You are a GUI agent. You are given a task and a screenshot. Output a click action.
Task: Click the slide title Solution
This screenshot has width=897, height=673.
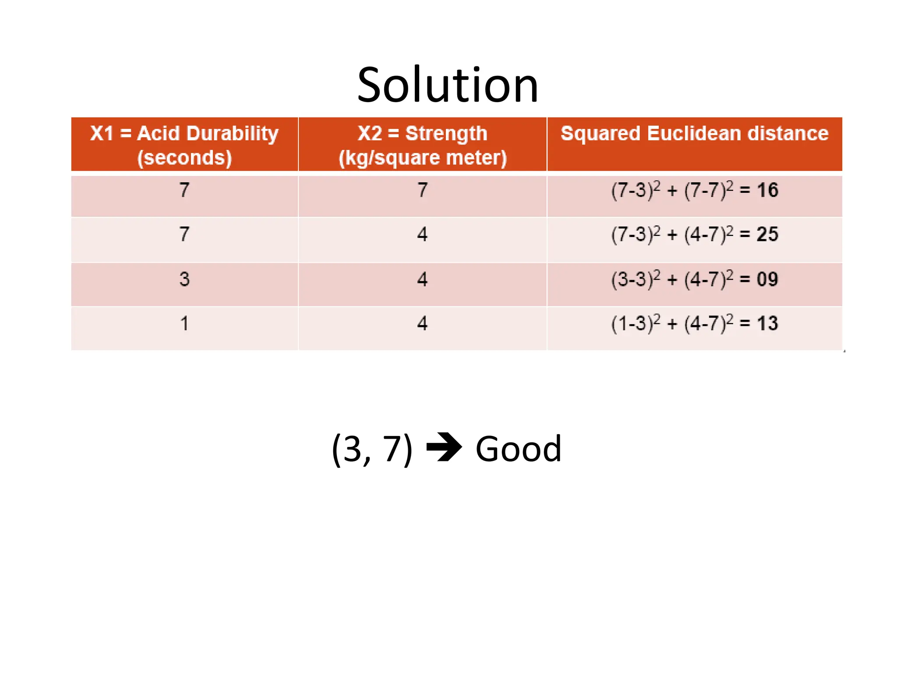click(447, 85)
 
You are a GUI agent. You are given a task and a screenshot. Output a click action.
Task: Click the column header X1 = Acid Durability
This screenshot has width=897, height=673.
click(184, 134)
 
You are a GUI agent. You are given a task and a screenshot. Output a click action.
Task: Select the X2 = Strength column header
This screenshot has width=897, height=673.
click(422, 134)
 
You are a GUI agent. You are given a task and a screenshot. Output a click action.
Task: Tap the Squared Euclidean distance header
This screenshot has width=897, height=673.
click(694, 134)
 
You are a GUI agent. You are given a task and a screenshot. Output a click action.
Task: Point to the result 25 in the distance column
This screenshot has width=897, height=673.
click(767, 234)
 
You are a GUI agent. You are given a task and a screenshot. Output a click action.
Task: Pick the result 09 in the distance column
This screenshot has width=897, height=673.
click(767, 280)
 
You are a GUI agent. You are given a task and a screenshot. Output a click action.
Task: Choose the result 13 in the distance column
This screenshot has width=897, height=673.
click(767, 324)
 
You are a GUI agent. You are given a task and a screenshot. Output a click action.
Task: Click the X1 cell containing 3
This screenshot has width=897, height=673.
click(184, 280)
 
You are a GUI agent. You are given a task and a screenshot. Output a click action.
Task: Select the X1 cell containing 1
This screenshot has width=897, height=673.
click(184, 324)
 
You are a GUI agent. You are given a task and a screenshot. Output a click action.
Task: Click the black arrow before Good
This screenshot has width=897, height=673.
click(444, 447)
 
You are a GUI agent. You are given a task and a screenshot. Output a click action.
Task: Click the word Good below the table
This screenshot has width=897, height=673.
click(518, 449)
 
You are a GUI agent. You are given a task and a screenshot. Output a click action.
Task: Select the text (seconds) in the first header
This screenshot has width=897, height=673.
click(184, 158)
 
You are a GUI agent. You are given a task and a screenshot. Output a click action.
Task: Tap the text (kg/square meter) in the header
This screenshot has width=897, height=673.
click(422, 158)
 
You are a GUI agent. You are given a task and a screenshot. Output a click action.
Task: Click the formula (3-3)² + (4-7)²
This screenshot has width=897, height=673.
click(672, 280)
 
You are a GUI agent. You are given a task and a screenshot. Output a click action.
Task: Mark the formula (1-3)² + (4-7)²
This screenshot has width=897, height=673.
click(672, 324)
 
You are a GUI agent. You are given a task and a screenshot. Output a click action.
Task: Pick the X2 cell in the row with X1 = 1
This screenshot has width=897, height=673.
click(422, 324)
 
